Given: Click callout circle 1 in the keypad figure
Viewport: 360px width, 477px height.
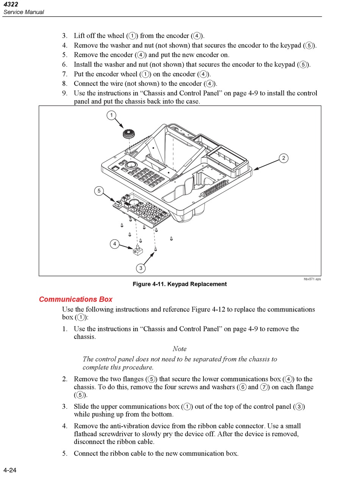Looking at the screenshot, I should tap(111, 115).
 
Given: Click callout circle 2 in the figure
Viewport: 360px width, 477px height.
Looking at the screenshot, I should tap(283, 158).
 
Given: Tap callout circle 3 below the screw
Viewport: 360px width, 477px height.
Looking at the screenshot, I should tap(141, 268).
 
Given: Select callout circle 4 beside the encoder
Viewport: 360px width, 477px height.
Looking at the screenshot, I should tap(115, 244).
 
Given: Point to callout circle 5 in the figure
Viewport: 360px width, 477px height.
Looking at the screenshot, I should tap(99, 191).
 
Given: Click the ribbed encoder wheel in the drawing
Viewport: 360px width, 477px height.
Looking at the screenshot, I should tap(129, 134).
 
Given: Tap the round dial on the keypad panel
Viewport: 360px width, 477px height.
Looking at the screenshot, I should tap(131, 165).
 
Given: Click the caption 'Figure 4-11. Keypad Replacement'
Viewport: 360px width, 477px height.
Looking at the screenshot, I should tap(180, 284).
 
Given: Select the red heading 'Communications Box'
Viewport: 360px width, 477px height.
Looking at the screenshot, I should tap(76, 299).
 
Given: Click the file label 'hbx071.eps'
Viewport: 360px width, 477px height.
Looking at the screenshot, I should tap(312, 279).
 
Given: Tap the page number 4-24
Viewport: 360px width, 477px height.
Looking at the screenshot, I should tap(10, 471).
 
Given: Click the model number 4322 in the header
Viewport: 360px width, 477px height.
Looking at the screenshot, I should tap(11, 4).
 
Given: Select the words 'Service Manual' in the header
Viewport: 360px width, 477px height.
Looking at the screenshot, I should tap(23, 12).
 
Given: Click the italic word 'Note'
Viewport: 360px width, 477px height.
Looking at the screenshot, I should tap(180, 349).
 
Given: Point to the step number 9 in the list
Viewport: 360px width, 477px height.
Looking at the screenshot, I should tap(65, 93).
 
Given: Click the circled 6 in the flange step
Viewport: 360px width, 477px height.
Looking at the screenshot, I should tap(243, 387).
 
